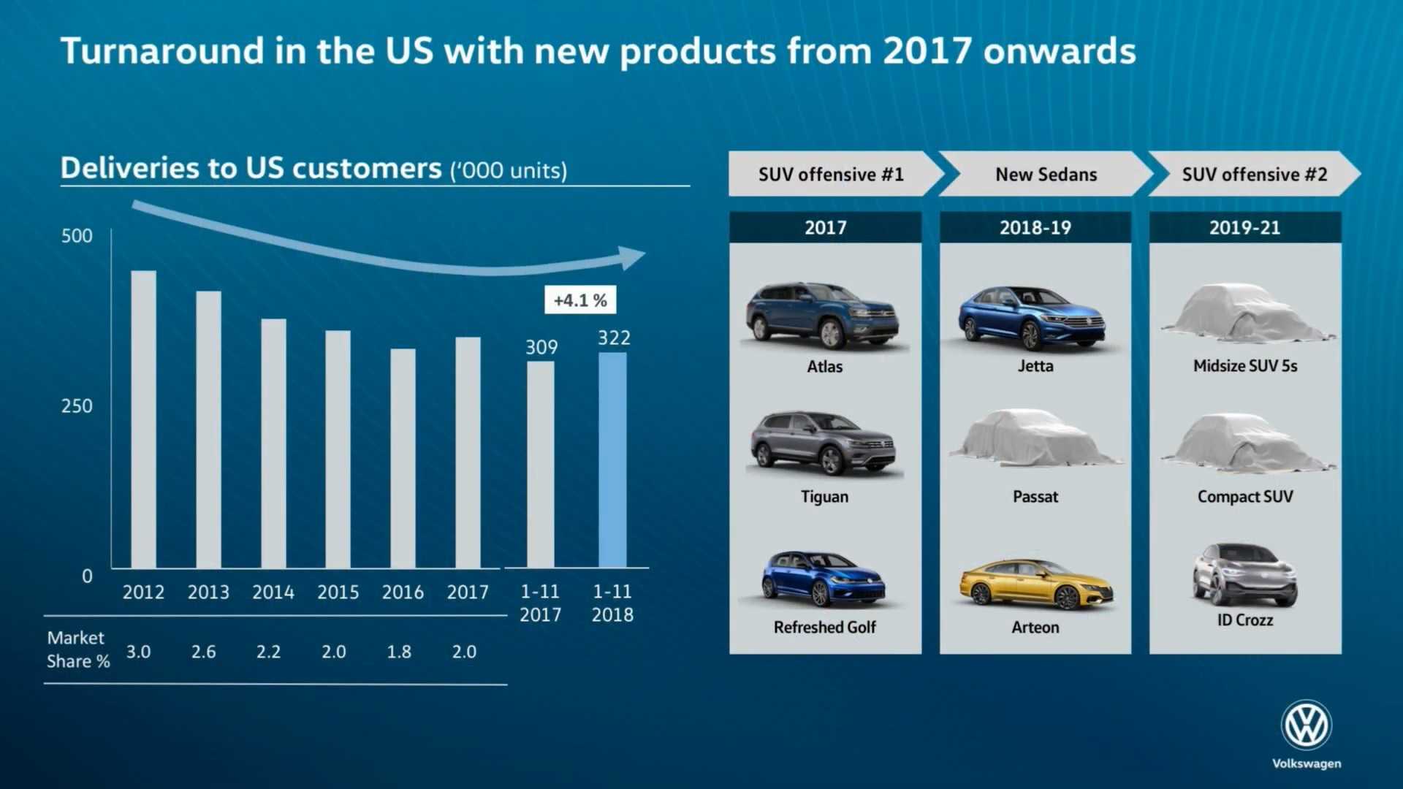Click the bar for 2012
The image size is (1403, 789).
[143, 419]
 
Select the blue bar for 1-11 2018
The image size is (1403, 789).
[612, 460]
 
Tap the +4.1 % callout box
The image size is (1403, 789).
[580, 300]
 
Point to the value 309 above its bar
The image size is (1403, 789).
[541, 347]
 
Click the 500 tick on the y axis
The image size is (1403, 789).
[77, 236]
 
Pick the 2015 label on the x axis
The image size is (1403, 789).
[338, 592]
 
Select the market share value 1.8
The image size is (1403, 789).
[399, 652]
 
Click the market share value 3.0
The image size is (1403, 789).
[138, 652]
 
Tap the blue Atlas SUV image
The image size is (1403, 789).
[823, 316]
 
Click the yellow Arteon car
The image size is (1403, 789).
[1036, 584]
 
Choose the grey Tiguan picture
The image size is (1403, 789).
[824, 443]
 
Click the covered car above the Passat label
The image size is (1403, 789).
[1035, 438]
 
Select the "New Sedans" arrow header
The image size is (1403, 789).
[1046, 175]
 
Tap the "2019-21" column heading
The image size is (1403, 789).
[1244, 228]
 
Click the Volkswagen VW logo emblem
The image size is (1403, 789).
[1307, 725]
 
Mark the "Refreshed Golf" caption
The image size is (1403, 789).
[824, 628]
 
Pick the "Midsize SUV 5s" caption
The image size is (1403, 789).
[1244, 366]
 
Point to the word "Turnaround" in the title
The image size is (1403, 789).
[162, 51]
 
